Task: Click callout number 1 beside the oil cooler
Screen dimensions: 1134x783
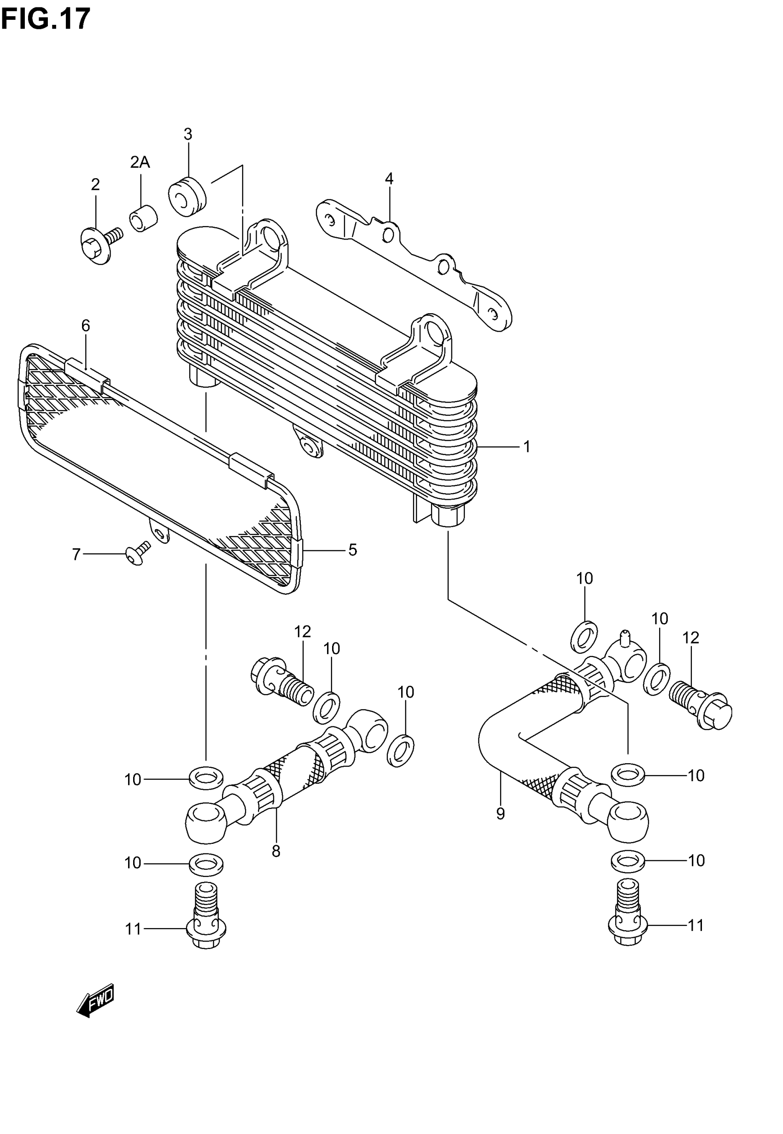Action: (526, 447)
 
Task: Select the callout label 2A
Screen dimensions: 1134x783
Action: (140, 162)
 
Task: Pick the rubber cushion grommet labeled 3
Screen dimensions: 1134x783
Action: (187, 195)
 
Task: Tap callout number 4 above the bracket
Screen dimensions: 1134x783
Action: (389, 179)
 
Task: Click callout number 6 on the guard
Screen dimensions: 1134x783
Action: (86, 325)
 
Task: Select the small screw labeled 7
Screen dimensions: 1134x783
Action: (137, 554)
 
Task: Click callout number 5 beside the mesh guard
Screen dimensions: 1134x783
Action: (352, 550)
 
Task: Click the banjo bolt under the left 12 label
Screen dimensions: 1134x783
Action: (282, 681)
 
